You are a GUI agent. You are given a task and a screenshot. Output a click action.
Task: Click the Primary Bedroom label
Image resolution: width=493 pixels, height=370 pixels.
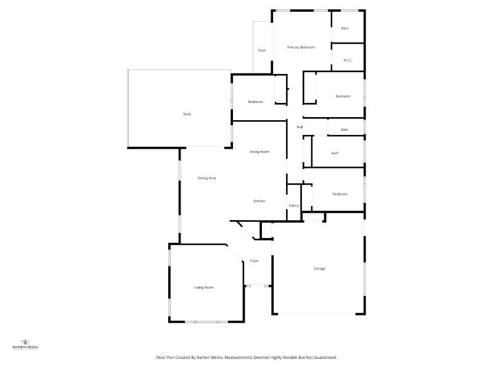coord(301,47)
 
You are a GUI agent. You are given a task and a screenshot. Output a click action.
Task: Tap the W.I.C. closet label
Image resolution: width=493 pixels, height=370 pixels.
coord(347,60)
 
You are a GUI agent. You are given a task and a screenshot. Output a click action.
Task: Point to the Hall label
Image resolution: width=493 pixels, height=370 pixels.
coord(299,127)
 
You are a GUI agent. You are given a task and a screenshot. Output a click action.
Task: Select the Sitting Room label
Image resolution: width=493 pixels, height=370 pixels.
coord(259,152)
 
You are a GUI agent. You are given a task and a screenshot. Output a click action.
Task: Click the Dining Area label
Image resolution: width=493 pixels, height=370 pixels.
coord(206,178)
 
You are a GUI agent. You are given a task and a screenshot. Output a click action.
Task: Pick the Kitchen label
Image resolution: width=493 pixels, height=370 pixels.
coord(259,202)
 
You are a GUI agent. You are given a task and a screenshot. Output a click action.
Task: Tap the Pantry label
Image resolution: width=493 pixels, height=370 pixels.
coord(294,205)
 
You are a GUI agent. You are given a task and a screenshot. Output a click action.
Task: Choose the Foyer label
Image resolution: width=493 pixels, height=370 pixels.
coord(254,261)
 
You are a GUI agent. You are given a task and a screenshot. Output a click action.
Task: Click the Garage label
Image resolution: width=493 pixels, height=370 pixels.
coord(319,268)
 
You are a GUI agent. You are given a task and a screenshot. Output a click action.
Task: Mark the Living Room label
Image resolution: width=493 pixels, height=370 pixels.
coord(204,287)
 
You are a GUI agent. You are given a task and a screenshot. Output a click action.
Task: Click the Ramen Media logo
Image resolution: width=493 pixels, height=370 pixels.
coord(25,344)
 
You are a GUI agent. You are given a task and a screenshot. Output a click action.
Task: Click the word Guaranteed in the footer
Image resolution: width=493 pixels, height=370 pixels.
coord(324,357)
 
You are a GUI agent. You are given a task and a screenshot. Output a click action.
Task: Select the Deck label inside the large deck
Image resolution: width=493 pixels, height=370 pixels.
coord(187,114)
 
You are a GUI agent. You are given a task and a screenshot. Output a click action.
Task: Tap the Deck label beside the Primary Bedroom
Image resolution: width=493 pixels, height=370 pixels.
coord(262,51)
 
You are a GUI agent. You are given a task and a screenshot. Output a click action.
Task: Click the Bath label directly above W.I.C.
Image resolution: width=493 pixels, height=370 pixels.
coord(344,28)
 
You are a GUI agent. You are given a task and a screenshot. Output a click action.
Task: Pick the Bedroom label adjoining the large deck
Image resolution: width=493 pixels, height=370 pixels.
coord(255,102)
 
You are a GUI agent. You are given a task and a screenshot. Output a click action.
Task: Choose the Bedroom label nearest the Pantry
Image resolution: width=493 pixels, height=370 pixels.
coord(340,194)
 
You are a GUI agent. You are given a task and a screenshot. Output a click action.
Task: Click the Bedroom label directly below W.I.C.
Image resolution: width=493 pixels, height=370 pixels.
coord(343,96)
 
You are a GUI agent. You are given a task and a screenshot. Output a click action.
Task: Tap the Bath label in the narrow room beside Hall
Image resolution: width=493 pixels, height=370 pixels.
coord(344,129)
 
